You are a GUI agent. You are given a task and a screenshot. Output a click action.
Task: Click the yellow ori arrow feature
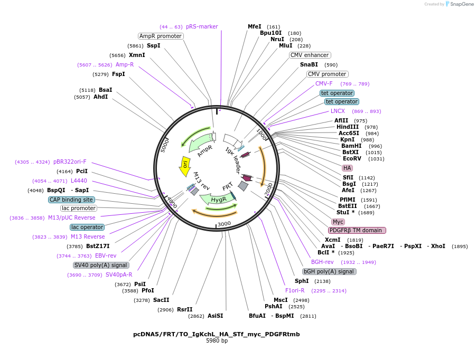[x=185, y=164]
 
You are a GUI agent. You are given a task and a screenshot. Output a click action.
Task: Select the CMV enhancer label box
[x=310, y=55]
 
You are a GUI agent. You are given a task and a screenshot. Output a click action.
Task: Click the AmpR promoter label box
[x=161, y=36]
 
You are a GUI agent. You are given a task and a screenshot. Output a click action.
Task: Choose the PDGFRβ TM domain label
[x=357, y=230]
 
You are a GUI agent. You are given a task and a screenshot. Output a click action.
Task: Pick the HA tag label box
[x=347, y=168]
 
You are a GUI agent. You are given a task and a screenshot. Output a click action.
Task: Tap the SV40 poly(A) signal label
[x=101, y=265]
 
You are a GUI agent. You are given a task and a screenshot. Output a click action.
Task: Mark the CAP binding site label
[x=71, y=200]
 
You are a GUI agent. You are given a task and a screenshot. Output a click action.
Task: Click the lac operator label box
[x=87, y=227]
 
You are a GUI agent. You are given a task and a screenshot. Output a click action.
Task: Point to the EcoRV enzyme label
[x=352, y=158]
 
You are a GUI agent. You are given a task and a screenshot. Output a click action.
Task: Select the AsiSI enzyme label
[x=216, y=316]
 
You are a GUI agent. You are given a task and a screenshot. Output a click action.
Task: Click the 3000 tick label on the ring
[x=225, y=223]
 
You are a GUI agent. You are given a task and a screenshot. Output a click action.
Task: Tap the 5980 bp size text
[x=217, y=341]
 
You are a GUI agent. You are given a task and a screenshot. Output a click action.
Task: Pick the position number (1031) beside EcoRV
[x=377, y=159]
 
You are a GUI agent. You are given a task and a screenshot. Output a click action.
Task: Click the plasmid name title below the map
[x=217, y=334]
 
